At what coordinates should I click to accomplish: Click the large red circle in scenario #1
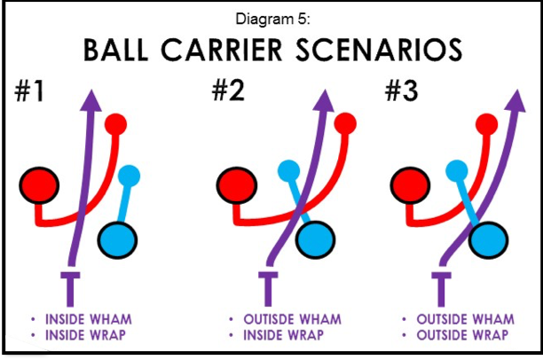pyautogui.click(x=37, y=185)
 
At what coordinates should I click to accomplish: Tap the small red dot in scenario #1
pyautogui.click(x=115, y=123)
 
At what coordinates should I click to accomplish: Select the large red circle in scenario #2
pyautogui.click(x=237, y=185)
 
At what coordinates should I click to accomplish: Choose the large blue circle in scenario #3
pyautogui.click(x=489, y=238)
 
